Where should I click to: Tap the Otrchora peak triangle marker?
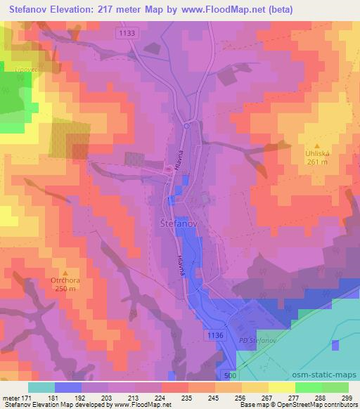(65, 273)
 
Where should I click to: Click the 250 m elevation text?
(65, 291)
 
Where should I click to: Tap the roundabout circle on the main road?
(186, 126)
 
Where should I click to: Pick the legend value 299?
(348, 398)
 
